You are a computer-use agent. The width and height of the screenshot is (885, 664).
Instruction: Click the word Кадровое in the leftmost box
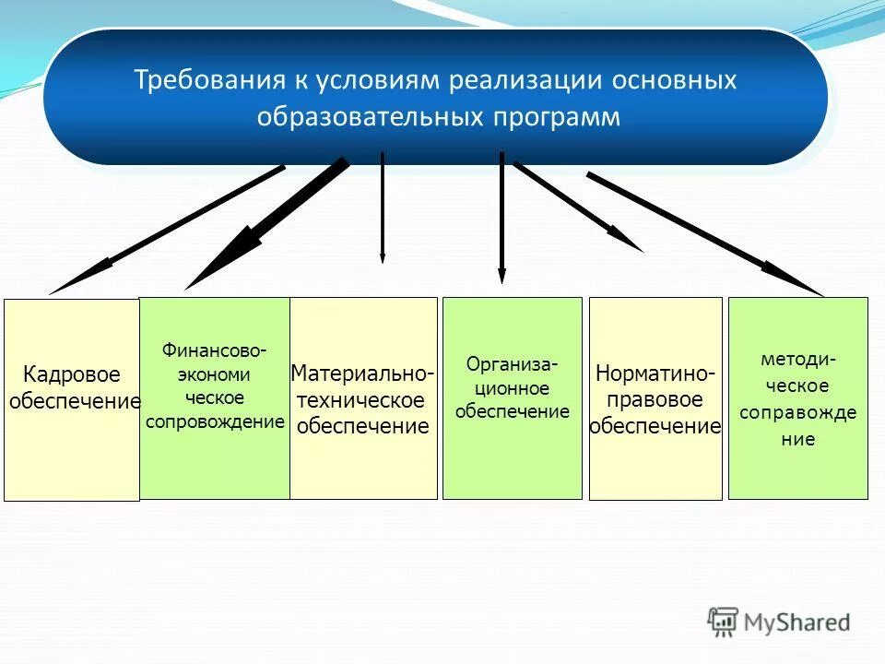pos(72,374)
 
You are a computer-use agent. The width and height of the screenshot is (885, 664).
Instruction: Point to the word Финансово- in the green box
pos(214,350)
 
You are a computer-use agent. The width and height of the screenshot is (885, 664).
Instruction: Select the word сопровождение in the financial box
pos(214,421)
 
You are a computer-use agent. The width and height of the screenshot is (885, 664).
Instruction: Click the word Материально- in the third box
pos(363,373)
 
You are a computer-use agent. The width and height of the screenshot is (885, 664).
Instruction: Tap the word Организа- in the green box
pos(512,363)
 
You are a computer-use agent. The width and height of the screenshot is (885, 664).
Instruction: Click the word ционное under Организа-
pos(512,388)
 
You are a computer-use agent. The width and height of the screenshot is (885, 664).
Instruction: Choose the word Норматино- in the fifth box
pos(655,373)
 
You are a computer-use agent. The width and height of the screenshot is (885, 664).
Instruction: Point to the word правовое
pos(655,400)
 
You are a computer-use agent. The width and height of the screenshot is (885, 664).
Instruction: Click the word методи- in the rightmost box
pos(797,359)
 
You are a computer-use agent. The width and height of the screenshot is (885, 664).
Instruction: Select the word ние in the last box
pos(797,440)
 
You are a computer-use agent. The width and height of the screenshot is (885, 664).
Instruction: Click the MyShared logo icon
pos(724,622)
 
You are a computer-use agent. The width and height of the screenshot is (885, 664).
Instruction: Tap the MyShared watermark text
pos(797,622)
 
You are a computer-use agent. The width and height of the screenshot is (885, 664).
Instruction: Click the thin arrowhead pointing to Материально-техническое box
pos(383,257)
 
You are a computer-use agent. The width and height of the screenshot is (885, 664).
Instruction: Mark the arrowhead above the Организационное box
pos(501,274)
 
